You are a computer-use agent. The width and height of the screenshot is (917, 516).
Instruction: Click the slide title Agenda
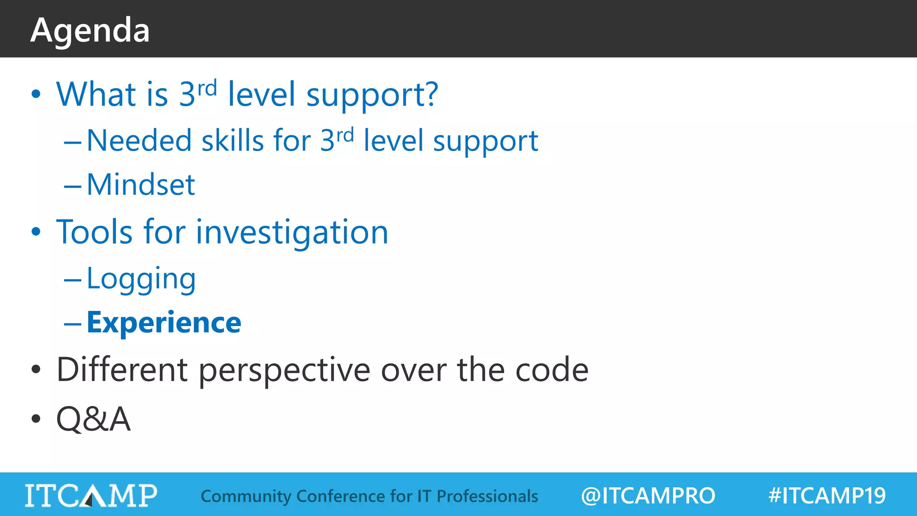[90, 30]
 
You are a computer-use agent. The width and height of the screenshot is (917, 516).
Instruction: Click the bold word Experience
[164, 323]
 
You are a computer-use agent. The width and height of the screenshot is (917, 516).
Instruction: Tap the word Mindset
[141, 185]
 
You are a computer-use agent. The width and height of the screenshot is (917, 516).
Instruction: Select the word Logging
[141, 279]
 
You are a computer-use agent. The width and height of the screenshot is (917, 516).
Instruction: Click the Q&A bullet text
[93, 419]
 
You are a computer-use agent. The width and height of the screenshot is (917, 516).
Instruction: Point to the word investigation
[292, 232]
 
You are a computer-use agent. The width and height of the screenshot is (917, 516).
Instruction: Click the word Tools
[94, 232]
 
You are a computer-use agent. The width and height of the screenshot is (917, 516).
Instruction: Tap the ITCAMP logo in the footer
[91, 495]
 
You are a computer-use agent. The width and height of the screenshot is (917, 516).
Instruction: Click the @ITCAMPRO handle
[647, 496]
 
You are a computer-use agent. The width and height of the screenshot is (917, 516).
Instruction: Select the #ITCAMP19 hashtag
[827, 496]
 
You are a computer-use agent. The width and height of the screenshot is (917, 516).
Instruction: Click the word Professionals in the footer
[487, 496]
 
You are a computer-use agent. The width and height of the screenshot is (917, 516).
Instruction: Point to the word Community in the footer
[246, 496]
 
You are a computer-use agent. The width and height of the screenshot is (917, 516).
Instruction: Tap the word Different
[122, 370]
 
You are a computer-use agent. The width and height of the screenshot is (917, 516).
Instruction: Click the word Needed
[139, 141]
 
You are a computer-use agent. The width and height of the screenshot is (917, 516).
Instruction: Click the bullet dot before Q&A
[36, 419]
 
